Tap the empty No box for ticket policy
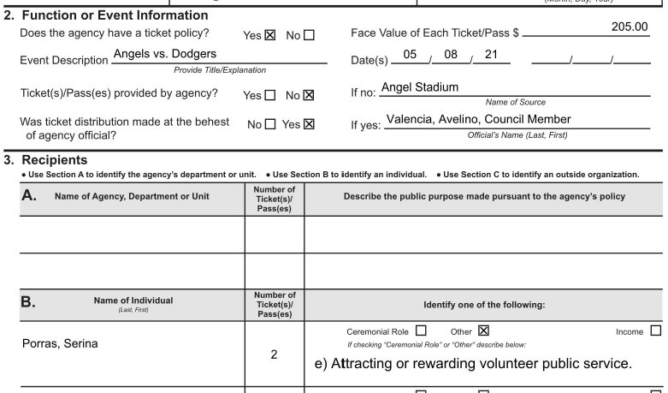(x=310, y=36)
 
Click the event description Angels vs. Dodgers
(x=164, y=54)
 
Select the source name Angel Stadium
(x=419, y=87)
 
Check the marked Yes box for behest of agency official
(x=310, y=124)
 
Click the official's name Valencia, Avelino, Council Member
(x=478, y=120)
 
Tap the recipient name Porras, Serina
(x=60, y=344)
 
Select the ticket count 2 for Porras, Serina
(x=274, y=354)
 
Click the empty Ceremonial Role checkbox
(x=421, y=330)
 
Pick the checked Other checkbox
(x=483, y=330)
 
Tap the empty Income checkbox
(x=656, y=330)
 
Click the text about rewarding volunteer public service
(x=474, y=364)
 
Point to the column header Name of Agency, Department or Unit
(x=132, y=196)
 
